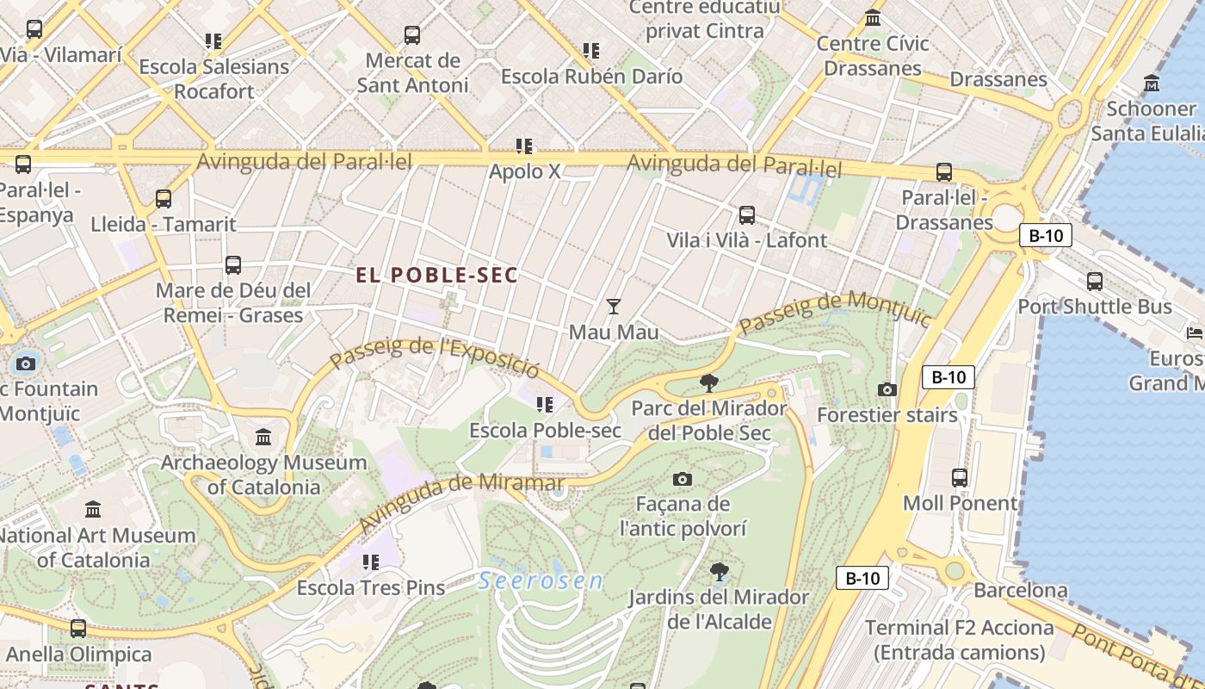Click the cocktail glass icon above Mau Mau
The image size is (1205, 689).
pyautogui.click(x=613, y=306)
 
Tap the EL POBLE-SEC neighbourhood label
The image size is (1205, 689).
pyautogui.click(x=437, y=276)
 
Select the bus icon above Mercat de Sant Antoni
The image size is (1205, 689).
pyautogui.click(x=412, y=35)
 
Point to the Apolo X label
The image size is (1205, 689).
pyautogui.click(x=524, y=171)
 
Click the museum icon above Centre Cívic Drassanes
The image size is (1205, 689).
pyautogui.click(x=873, y=17)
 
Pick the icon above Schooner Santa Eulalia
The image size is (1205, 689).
pyautogui.click(x=1152, y=83)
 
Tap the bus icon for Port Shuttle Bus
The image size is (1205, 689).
pyautogui.click(x=1095, y=281)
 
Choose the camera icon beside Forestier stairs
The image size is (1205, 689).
pyautogui.click(x=887, y=389)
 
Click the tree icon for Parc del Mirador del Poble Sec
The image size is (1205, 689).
pyautogui.click(x=709, y=382)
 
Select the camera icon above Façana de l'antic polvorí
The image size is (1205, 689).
pyautogui.click(x=683, y=479)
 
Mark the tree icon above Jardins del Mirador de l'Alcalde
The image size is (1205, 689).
pyautogui.click(x=719, y=571)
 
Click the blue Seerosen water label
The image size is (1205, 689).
pyautogui.click(x=541, y=580)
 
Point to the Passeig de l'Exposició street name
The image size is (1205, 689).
pyautogui.click(x=435, y=357)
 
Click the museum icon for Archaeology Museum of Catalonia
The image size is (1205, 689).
pyautogui.click(x=263, y=438)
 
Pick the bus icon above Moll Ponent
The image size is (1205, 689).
pyautogui.click(x=960, y=477)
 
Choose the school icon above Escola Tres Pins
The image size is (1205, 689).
pyautogui.click(x=371, y=562)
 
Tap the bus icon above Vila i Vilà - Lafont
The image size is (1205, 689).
pyautogui.click(x=747, y=214)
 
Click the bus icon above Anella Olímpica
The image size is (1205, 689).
pyautogui.click(x=78, y=629)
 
